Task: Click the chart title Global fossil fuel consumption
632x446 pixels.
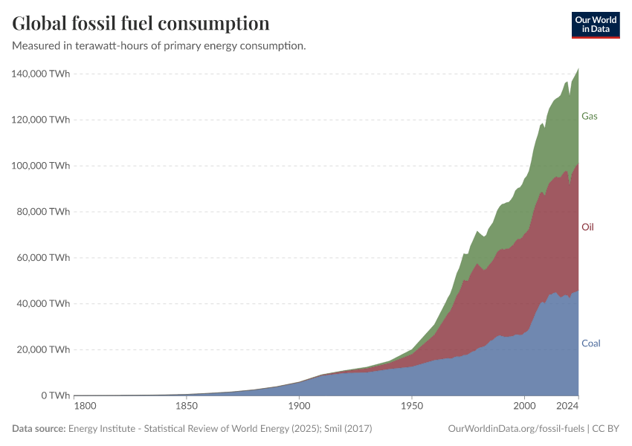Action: click(141, 24)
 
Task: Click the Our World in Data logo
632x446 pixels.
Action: click(595, 25)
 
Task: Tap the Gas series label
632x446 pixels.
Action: click(590, 117)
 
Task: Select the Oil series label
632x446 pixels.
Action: click(588, 227)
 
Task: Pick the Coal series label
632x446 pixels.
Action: click(591, 343)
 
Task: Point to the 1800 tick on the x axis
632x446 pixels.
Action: click(85, 407)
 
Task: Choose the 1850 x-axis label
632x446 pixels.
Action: click(186, 407)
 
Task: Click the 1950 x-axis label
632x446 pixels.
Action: click(411, 407)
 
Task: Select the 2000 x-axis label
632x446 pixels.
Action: click(524, 407)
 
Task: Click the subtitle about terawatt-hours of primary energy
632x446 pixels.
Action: click(159, 46)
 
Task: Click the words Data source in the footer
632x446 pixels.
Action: click(38, 429)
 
